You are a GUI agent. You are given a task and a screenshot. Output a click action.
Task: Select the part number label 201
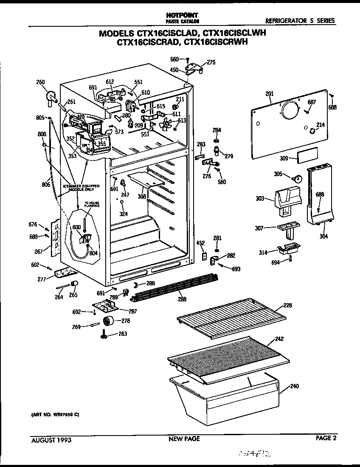270,94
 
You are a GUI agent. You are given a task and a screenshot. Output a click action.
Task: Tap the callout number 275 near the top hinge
211,62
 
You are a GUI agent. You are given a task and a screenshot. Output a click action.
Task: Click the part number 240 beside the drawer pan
294,386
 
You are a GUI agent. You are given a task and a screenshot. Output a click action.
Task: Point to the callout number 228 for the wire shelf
288,305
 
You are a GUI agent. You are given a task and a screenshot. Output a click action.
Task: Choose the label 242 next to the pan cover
279,339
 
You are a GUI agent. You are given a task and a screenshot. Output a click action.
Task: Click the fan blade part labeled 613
167,125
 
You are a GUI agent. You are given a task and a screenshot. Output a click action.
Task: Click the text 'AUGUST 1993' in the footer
51,440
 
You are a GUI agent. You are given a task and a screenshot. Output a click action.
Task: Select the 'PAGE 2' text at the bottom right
326,439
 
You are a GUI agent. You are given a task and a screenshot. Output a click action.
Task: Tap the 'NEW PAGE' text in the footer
184,439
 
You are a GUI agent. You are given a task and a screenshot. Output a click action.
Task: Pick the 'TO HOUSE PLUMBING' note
92,205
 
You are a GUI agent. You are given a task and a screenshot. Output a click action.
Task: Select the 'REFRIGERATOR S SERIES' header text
300,20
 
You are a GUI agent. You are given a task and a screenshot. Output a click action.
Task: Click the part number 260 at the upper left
40,82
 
